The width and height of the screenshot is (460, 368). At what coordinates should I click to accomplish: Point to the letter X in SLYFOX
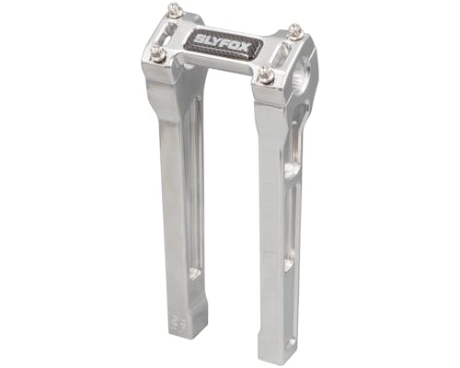click(x=246, y=48)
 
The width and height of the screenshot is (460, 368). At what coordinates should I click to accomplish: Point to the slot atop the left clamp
click(x=168, y=32)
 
